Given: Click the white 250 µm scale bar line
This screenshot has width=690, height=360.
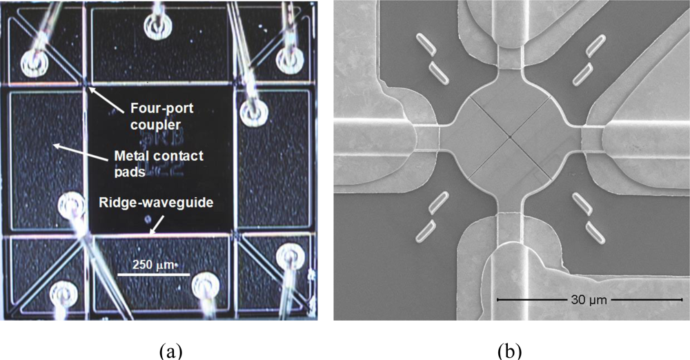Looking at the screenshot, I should [152, 274].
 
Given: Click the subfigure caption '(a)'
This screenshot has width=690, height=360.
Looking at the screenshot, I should [170, 351].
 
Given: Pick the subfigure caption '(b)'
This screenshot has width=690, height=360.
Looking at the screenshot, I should [511, 351].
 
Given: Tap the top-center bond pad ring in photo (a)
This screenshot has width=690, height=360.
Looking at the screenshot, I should [157, 27].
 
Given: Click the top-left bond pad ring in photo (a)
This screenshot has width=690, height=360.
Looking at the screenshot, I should [32, 63].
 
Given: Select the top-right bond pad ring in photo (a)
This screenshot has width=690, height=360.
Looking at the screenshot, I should [290, 60].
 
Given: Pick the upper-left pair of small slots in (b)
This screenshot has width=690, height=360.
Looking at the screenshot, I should [433, 57].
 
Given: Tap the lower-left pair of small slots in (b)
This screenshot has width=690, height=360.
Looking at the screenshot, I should [433, 217].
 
